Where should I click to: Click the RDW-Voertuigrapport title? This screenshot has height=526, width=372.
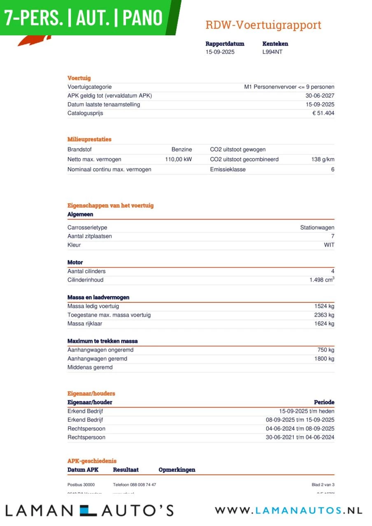click(263, 25)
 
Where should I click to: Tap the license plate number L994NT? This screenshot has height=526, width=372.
click(272, 52)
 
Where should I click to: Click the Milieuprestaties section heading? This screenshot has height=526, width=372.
click(89, 139)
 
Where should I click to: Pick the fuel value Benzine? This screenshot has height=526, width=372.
click(181, 150)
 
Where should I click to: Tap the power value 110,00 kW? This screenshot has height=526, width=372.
click(178, 159)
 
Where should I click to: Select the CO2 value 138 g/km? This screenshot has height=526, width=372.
click(323, 159)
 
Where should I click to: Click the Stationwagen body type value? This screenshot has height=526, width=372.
click(317, 228)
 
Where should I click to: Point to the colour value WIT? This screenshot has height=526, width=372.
click(329, 245)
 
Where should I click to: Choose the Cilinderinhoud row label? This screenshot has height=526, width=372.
click(85, 280)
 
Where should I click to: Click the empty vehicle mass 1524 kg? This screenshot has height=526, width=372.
click(324, 307)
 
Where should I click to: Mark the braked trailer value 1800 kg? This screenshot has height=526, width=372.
click(324, 359)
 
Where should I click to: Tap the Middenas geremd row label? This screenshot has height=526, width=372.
click(90, 368)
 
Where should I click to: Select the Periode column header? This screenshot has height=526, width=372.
click(324, 402)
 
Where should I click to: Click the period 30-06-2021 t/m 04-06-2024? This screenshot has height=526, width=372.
click(300, 438)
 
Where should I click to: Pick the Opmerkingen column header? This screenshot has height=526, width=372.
click(177, 470)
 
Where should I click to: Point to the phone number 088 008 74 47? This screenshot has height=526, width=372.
click(134, 485)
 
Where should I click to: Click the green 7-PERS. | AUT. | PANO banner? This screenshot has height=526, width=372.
click(84, 18)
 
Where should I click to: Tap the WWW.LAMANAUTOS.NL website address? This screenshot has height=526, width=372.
click(288, 511)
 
